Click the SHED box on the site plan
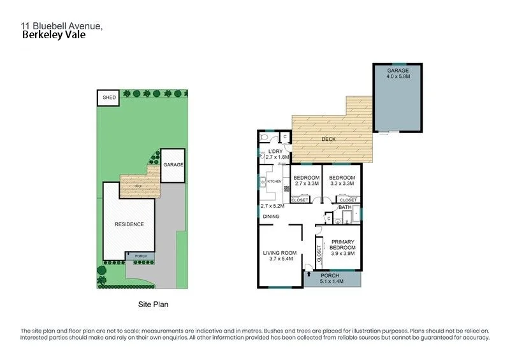tap(109, 97)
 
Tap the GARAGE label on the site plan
tap(172, 164)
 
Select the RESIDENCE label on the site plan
tap(129, 224)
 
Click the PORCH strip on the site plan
tap(140, 256)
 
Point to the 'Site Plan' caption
tap(153, 305)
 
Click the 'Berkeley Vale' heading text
tap(54, 36)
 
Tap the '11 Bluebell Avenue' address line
tap(61, 25)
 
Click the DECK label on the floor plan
tap(329, 139)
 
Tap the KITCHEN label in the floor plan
tap(274, 182)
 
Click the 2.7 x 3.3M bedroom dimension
tap(307, 184)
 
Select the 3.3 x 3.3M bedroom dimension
tap(342, 184)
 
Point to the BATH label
tap(345, 208)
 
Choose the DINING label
tap(271, 216)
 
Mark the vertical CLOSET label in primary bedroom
tap(318, 254)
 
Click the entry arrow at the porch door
tap(309, 274)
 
